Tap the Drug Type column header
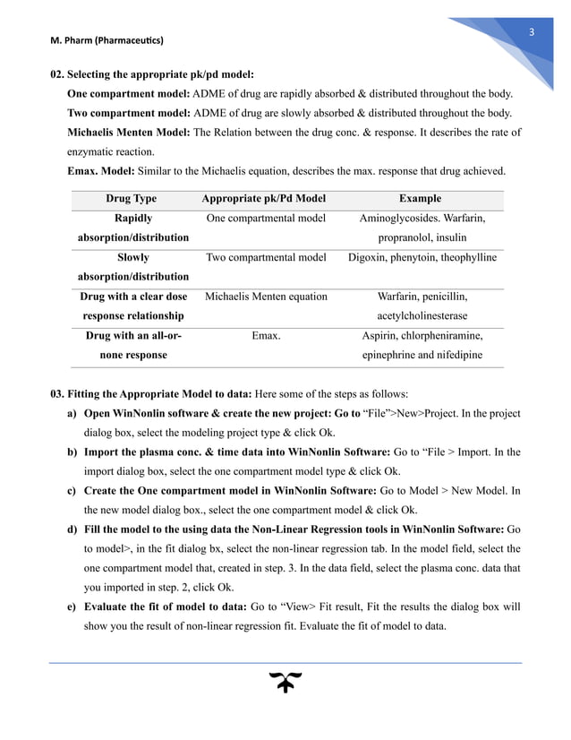[x=131, y=199]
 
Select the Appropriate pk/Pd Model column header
[x=265, y=199]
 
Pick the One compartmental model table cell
[x=265, y=219]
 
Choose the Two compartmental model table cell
[x=265, y=258]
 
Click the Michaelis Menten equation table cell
[x=265, y=297]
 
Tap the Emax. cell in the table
[x=265, y=336]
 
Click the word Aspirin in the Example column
[x=379, y=336]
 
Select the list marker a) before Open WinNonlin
[x=72, y=415]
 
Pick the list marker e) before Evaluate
[x=72, y=607]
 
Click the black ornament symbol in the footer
[x=285, y=684]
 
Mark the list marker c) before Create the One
[x=72, y=492]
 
